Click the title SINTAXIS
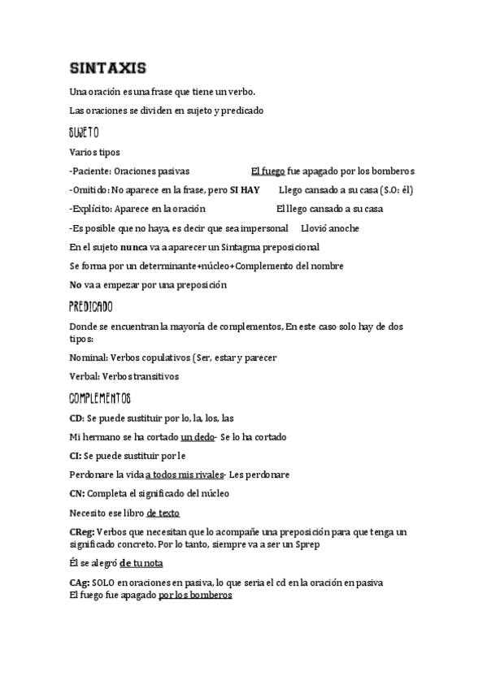(x=108, y=67)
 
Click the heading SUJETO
(x=85, y=132)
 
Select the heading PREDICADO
(x=91, y=307)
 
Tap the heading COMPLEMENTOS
(x=100, y=398)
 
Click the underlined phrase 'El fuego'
(x=267, y=171)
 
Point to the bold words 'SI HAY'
(x=245, y=190)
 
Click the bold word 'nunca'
(x=133, y=247)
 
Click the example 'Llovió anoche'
(x=330, y=228)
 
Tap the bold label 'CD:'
(x=77, y=418)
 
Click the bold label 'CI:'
(x=76, y=456)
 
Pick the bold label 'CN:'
(x=78, y=494)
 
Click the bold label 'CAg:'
(x=80, y=583)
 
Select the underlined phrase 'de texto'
(x=163, y=513)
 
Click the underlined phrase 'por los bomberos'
(x=195, y=595)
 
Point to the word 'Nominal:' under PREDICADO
(x=89, y=357)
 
